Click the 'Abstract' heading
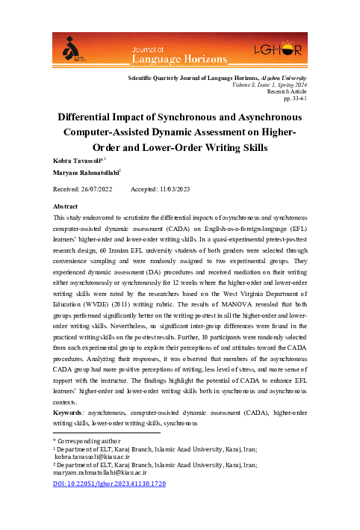66,205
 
